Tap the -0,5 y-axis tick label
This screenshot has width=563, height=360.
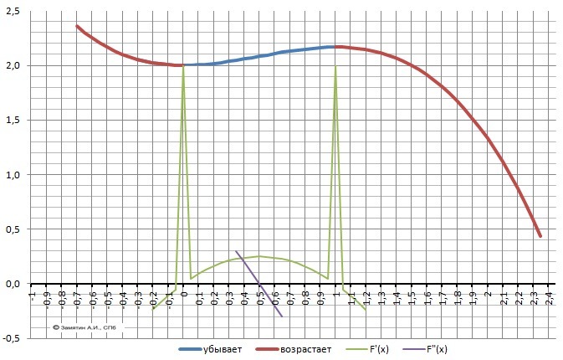(13, 339)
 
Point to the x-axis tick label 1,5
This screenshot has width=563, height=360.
(412, 300)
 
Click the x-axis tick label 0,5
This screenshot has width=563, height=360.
(260, 300)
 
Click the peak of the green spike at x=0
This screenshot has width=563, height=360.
(183, 66)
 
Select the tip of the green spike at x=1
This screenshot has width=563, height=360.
(335, 66)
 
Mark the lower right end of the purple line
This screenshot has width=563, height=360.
(282, 316)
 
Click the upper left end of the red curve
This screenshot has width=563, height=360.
(76, 26)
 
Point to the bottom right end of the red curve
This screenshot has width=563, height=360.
(540, 237)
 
